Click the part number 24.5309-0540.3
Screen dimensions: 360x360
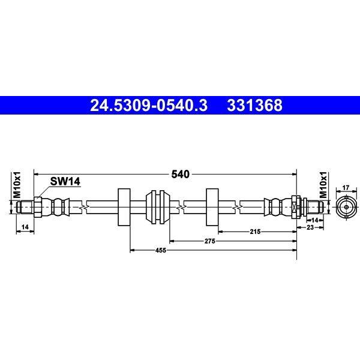pos(149,106)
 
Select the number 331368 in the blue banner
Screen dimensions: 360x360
pos(254,106)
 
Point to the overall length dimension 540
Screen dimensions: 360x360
pos(181,174)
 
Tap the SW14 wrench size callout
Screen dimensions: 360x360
pos(65,181)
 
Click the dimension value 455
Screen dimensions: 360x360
pos(160,250)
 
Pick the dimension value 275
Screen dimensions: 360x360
pos(210,241)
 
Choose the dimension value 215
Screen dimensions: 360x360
pos(256,232)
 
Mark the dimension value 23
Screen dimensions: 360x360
pos(310,227)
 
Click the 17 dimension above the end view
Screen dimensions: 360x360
pos(346,188)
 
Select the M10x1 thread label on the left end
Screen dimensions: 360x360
pos(17,185)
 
